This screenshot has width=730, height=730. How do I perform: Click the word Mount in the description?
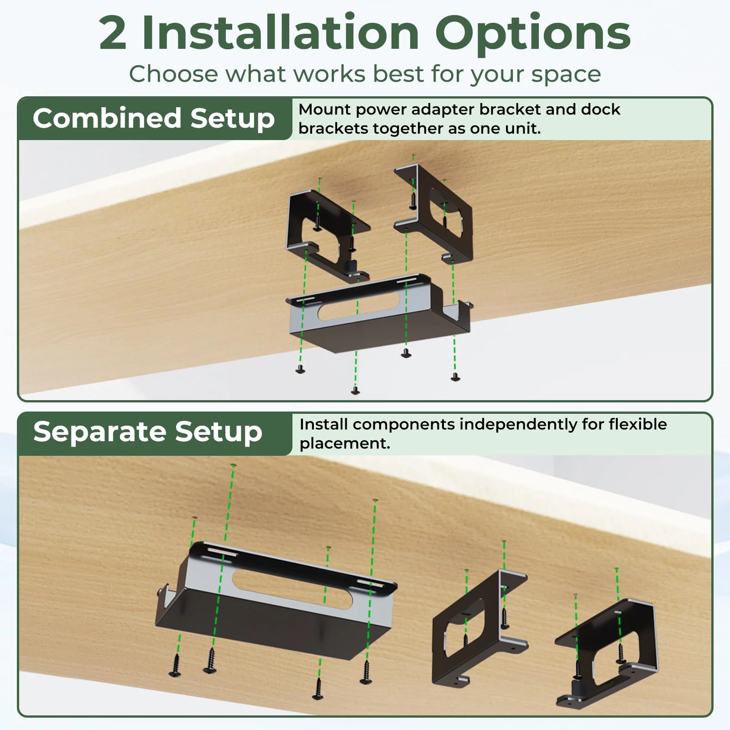coord(324,109)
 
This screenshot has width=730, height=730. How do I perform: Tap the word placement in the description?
coord(345,444)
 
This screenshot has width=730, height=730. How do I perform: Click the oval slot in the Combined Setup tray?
coord(359,306)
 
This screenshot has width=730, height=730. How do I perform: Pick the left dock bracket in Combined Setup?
coord(328,235)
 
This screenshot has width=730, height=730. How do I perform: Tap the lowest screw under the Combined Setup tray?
coord(355,390)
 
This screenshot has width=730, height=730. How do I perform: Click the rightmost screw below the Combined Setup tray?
coord(455,376)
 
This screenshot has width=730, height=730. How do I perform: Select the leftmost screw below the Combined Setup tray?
coord(300,369)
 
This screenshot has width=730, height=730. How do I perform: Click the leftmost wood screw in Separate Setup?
coord(175,665)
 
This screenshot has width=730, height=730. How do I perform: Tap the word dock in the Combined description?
coord(600,109)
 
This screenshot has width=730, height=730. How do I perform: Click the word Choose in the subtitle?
coord(173,74)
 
